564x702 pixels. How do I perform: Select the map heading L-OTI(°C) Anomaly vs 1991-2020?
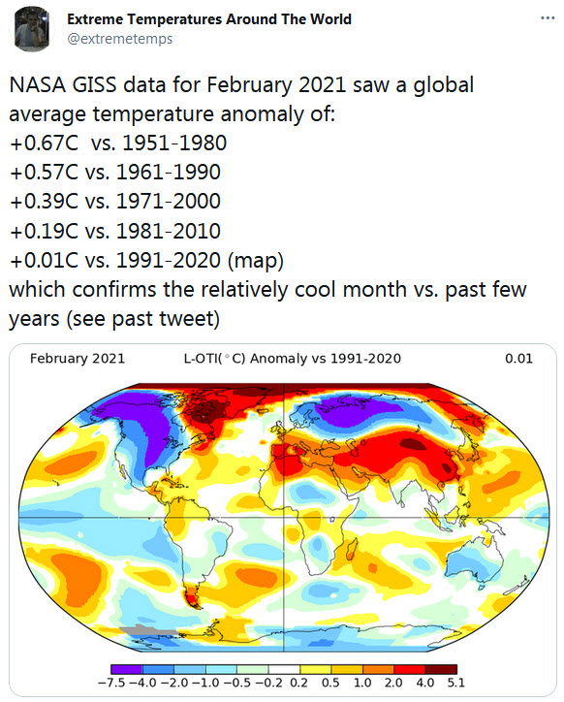[292, 359]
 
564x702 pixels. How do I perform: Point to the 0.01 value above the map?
[518, 359]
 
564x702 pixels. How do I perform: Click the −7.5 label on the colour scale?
[112, 684]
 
